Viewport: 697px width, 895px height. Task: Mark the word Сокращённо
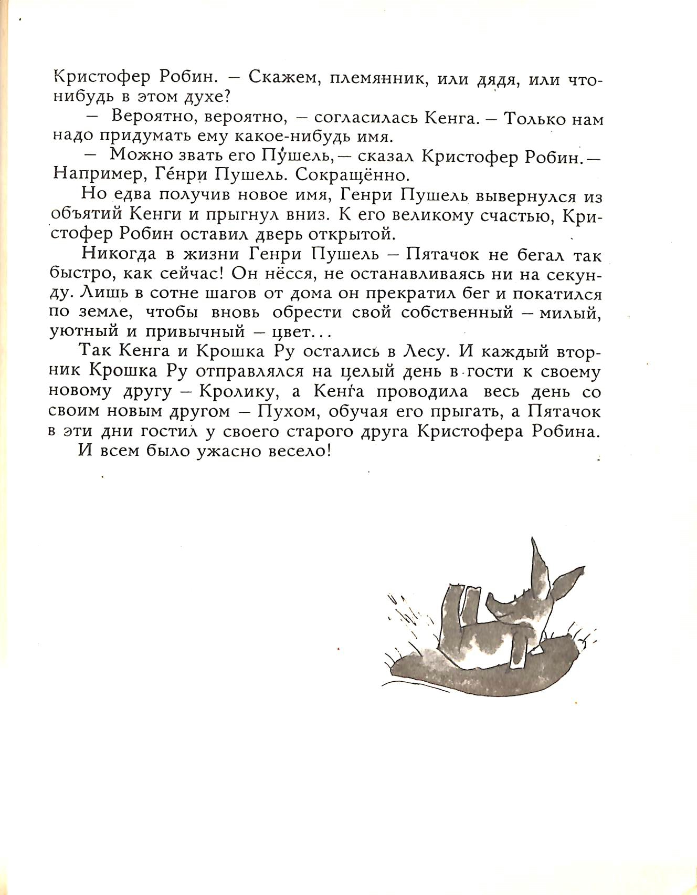pyautogui.click(x=351, y=174)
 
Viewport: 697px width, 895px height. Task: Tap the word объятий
pyautogui.click(x=86, y=215)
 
